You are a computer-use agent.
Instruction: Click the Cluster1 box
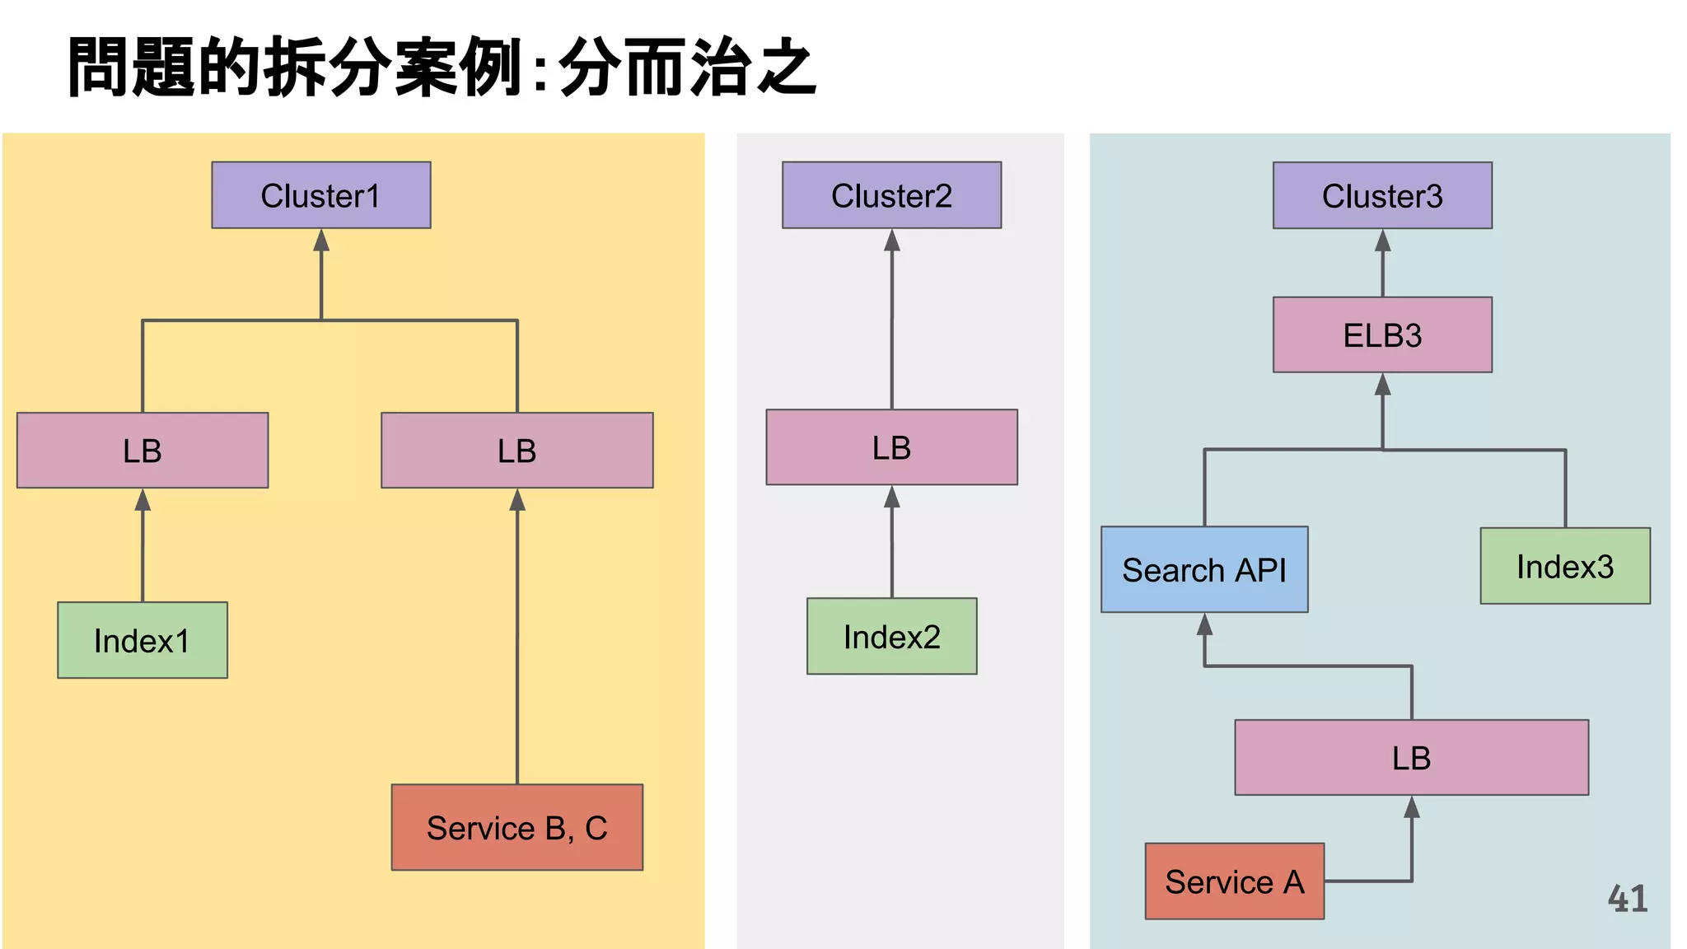(x=321, y=195)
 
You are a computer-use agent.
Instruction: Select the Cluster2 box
(x=891, y=195)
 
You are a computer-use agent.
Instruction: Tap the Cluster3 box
(x=1382, y=196)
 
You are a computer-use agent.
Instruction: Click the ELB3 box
(x=1382, y=335)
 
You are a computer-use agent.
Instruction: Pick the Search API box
(x=1204, y=570)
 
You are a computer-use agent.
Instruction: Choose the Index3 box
(x=1565, y=567)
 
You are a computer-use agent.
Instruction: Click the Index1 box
(x=143, y=641)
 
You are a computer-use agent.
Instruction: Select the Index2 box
(x=891, y=637)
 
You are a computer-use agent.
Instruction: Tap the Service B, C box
(x=517, y=828)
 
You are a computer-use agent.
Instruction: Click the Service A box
(x=1234, y=881)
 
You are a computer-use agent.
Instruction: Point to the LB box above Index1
(x=143, y=451)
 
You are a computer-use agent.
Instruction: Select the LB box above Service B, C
(x=517, y=451)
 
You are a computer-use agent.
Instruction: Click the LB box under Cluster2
(x=891, y=447)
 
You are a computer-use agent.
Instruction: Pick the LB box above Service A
(x=1411, y=758)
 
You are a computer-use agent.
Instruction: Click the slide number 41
(x=1628, y=899)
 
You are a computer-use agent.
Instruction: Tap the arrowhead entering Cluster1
(x=321, y=241)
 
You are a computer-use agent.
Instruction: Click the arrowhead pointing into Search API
(x=1204, y=625)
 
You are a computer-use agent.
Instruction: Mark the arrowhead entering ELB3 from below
(x=1382, y=385)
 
